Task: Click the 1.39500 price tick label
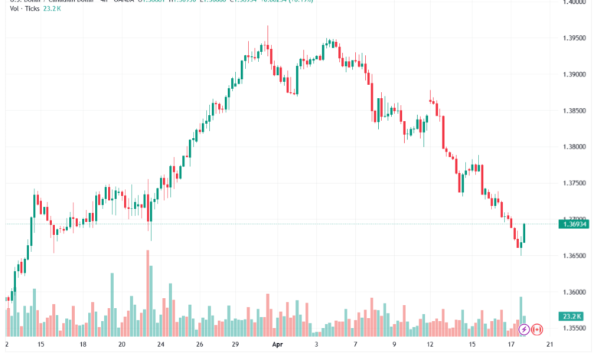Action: click(x=574, y=38)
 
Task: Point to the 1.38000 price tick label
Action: click(x=574, y=147)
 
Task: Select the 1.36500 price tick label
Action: click(x=574, y=256)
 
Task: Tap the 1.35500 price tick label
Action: click(x=574, y=328)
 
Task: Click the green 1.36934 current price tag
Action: click(x=575, y=223)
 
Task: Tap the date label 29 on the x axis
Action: click(x=237, y=345)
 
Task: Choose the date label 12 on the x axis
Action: click(x=432, y=345)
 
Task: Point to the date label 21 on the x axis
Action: click(x=549, y=345)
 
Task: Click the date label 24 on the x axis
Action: click(x=160, y=345)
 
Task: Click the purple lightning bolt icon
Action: click(x=524, y=329)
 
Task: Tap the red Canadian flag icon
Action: click(x=537, y=329)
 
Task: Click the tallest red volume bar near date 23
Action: click(x=147, y=295)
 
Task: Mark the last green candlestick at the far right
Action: click(x=524, y=233)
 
